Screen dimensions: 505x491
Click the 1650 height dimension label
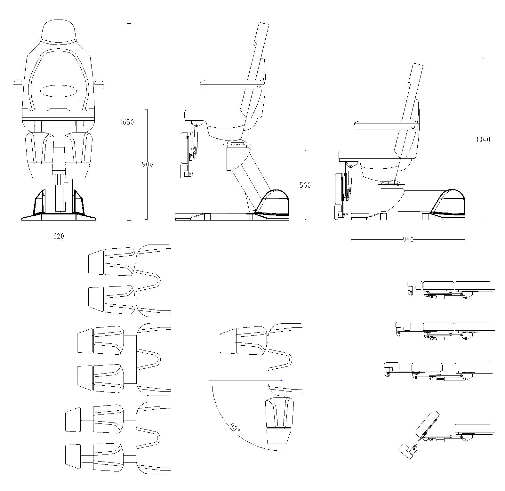(x=127, y=122)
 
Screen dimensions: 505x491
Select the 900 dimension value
(x=148, y=165)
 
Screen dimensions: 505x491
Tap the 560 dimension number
(x=305, y=185)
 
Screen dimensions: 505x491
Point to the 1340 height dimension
(x=483, y=140)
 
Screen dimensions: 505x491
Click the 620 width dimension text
(x=59, y=236)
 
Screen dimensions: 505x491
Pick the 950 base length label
(x=408, y=240)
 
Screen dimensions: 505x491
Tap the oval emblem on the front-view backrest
(x=59, y=91)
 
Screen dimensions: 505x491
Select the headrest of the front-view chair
(x=59, y=31)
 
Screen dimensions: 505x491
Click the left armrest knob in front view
(x=18, y=85)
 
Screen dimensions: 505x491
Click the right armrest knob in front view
(x=100, y=85)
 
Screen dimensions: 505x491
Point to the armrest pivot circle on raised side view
(x=259, y=86)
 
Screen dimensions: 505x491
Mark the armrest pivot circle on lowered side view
(x=413, y=127)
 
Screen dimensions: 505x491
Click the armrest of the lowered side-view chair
(x=387, y=125)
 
